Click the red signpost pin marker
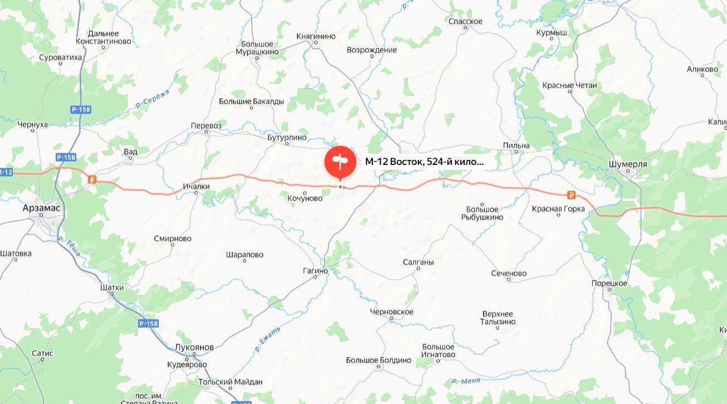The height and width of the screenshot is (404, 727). pos(340,162)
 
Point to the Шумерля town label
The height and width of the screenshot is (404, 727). pos(628,164)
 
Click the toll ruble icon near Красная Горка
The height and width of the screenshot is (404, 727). pos(571,195)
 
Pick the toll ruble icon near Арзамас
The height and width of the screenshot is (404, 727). pos(92,179)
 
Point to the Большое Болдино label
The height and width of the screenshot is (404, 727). pos(378,360)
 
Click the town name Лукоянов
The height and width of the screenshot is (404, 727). pos(194,347)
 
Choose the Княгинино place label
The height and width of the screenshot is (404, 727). pos(316,36)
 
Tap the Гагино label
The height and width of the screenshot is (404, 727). pos(315,271)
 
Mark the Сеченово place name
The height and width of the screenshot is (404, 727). pos(509,274)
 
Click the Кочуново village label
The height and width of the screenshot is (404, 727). pos(305,198)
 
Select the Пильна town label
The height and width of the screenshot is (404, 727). pos(516,146)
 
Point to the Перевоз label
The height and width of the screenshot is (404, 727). pos(206,125)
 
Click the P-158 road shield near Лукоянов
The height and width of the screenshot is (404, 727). pos(148,324)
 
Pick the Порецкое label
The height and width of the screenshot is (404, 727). pos(609,284)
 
